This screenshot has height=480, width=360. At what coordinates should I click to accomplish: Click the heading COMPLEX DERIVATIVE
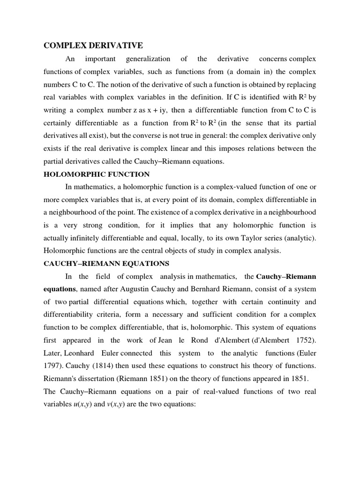coord(93,45)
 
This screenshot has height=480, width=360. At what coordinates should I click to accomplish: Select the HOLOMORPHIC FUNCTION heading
coord(97,174)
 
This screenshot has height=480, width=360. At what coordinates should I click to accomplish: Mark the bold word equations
coord(60,289)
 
